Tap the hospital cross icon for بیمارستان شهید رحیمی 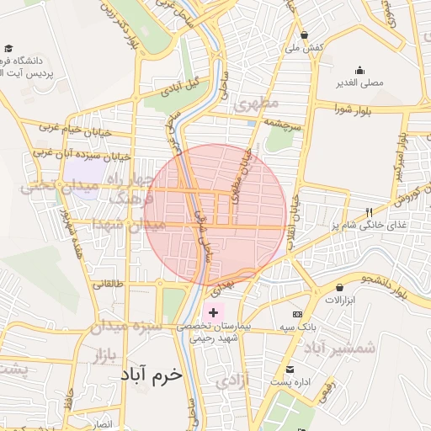coord(213,312)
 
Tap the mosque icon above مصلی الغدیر coord(360,70)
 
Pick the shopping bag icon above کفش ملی coord(304,35)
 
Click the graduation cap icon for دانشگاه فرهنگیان coord(8,50)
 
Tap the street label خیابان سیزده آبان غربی coord(82,155)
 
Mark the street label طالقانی coord(109,284)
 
